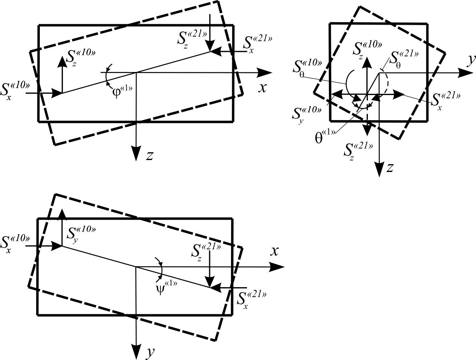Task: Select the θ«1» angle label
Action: tap(325, 137)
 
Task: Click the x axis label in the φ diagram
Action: tap(263, 88)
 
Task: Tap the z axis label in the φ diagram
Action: tap(150, 155)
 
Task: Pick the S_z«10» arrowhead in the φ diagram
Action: tap(62, 60)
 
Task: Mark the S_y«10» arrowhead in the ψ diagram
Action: tap(62, 213)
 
